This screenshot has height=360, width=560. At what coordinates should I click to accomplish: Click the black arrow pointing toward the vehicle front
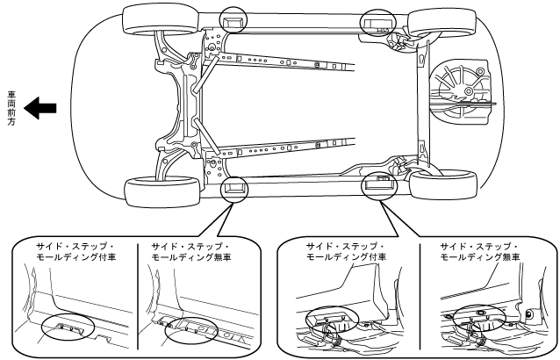coord(40,109)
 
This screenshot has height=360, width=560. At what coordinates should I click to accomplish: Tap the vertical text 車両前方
coord(11,108)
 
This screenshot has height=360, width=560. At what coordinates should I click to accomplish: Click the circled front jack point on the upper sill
coord(235,21)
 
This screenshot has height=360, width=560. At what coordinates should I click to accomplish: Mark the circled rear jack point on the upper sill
coord(379,24)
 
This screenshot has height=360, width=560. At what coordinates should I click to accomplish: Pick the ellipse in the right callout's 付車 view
coord(328,324)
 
